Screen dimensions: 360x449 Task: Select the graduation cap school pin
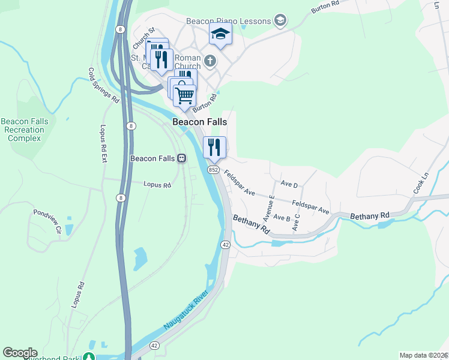tap(220, 34)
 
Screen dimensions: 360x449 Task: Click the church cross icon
tap(210, 60)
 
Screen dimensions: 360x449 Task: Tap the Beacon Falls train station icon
tap(181, 158)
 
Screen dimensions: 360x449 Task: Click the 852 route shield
tap(213, 170)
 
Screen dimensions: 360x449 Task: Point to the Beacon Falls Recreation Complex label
tap(25, 130)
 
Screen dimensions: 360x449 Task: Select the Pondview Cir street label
tap(47, 221)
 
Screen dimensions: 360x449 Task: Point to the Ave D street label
tap(289, 184)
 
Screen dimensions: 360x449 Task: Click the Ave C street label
tap(295, 221)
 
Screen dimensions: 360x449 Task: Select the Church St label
tap(143, 38)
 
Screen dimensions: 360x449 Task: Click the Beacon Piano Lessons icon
tap(280, 21)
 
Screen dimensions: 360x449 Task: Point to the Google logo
tap(20, 353)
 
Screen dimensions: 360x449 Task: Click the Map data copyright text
tap(423, 355)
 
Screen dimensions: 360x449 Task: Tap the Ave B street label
tap(282, 218)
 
